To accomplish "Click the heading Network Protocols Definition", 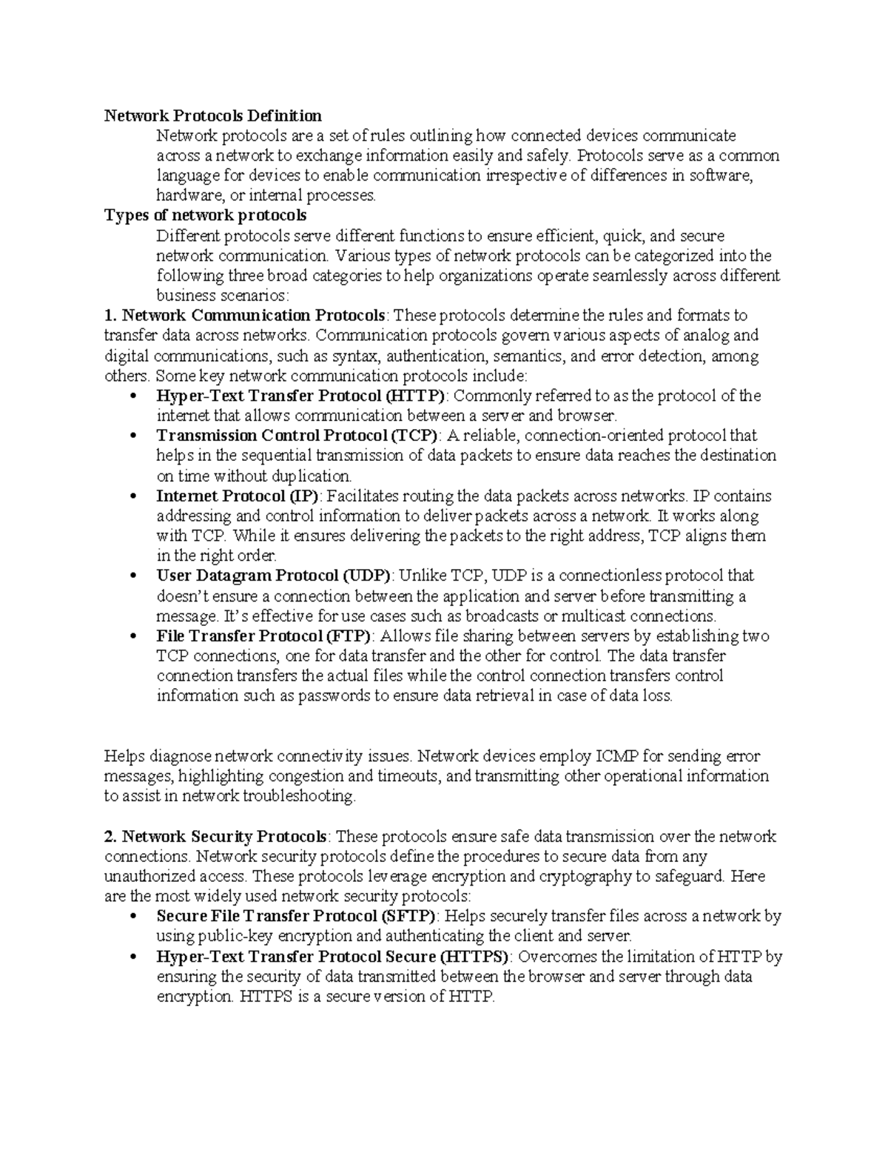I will tap(212, 115).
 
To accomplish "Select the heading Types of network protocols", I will tap(205, 215).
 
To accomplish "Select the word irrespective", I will tap(523, 175).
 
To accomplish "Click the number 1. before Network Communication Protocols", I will tap(110, 316).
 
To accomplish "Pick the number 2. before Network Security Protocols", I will tap(110, 837).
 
